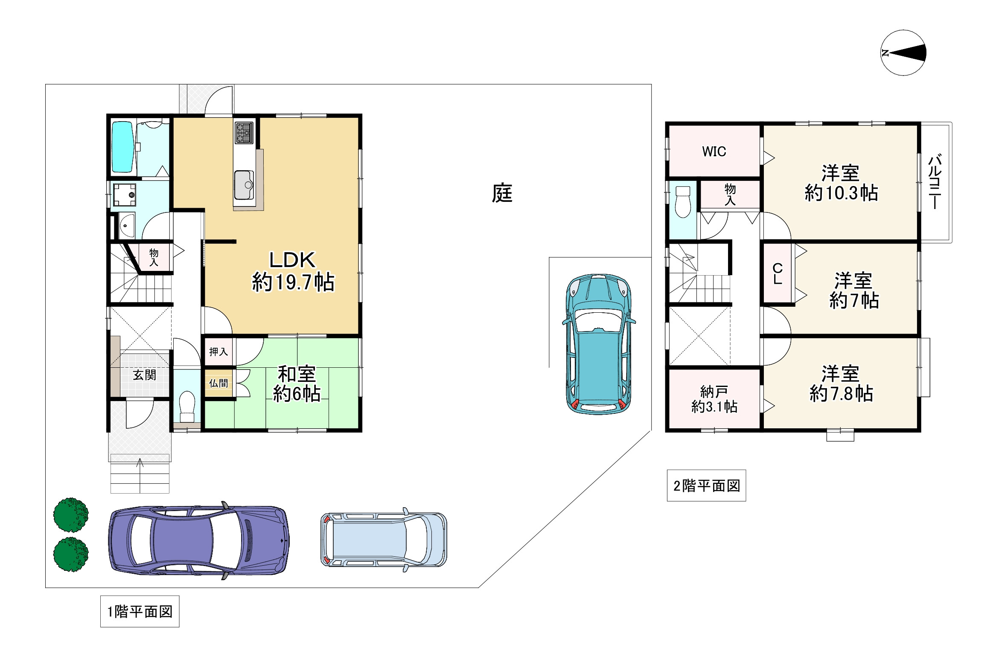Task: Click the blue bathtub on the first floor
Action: [x=122, y=147]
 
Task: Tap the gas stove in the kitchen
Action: [x=244, y=132]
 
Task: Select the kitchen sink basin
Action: [x=244, y=185]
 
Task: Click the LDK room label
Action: [x=292, y=260]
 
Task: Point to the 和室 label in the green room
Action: [x=297, y=374]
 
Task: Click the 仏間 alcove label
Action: [x=218, y=383]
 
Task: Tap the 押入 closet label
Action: [x=218, y=352]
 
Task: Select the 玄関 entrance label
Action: [x=144, y=375]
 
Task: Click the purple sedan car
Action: [x=199, y=540]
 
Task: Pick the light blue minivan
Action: [x=384, y=540]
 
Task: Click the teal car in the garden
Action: [x=599, y=344]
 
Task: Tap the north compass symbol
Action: [x=903, y=53]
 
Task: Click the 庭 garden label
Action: [x=502, y=193]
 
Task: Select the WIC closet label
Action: [x=714, y=151]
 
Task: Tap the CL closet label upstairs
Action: [x=778, y=274]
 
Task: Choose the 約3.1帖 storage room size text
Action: [x=714, y=407]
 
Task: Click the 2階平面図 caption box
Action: [x=706, y=485]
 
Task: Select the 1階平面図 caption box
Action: [x=140, y=611]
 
